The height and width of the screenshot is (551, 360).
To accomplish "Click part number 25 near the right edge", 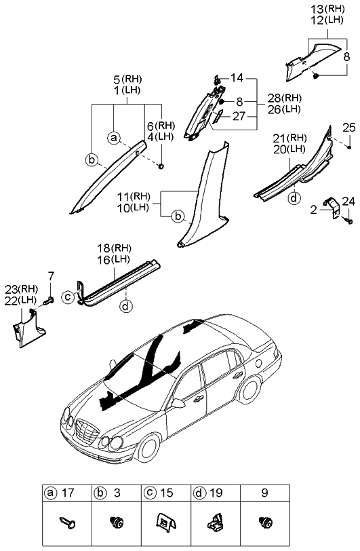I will tap(348, 127).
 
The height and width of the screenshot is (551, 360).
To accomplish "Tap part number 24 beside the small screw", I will tap(348, 200).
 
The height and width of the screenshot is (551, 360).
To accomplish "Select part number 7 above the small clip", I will tap(50, 275).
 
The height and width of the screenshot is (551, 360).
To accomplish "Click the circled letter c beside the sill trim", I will tap(68, 296).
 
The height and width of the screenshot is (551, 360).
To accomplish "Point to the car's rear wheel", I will tap(251, 392).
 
